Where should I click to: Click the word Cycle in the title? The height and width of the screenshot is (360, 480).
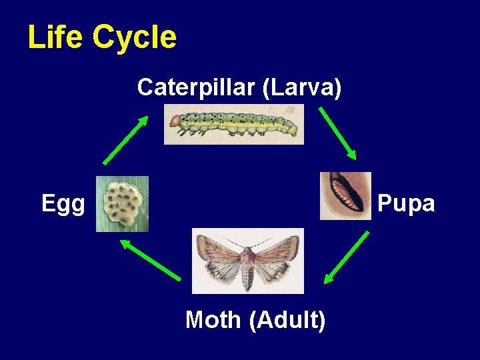click(x=135, y=37)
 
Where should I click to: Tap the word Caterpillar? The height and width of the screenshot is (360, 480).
click(x=197, y=87)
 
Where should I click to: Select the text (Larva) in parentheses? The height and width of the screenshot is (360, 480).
click(x=302, y=87)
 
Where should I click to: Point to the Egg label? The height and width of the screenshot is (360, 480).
click(x=63, y=204)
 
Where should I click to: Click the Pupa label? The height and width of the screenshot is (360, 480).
click(x=406, y=203)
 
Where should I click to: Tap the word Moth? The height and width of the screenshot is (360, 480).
click(x=213, y=320)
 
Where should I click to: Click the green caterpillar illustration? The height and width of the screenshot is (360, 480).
click(x=233, y=124)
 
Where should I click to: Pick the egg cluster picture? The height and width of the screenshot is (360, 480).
click(x=122, y=203)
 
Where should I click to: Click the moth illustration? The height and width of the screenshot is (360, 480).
click(x=247, y=261)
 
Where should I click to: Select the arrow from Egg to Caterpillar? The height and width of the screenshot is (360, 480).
click(x=125, y=140)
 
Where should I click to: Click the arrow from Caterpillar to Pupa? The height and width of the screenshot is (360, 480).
click(x=338, y=133)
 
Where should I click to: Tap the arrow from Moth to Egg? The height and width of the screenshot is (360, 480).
click(x=151, y=260)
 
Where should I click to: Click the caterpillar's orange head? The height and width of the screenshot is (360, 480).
click(x=175, y=121)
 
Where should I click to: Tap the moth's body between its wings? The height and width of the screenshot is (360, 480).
click(x=247, y=263)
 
